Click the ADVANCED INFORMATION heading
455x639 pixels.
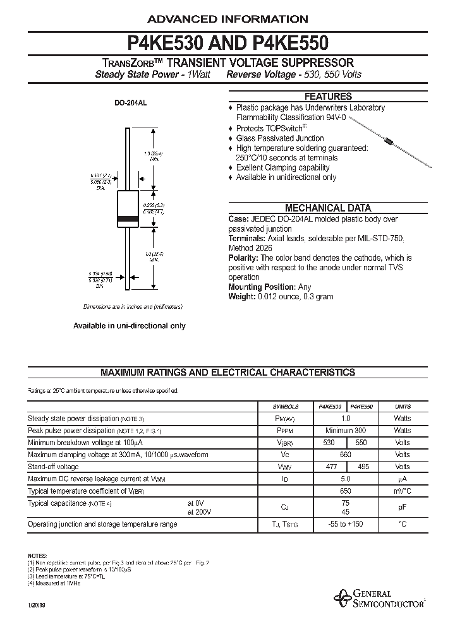coord(227,19)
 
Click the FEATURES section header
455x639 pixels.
coord(328,97)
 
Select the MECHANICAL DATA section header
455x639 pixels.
coord(328,208)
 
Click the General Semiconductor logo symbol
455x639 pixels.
coord(345,597)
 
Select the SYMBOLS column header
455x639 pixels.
coord(285,407)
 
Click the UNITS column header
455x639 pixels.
coord(403,407)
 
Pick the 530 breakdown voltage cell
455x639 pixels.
coord(329,443)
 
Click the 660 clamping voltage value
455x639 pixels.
coord(346,455)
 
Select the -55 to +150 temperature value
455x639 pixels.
coord(345,524)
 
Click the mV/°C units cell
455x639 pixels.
coord(403,491)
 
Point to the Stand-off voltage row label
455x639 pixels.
coord(53,467)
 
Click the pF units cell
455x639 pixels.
coord(403,507)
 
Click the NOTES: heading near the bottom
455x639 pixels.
coord(37,552)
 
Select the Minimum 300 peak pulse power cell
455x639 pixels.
coord(346,431)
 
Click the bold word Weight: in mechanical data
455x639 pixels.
coord(241,297)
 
